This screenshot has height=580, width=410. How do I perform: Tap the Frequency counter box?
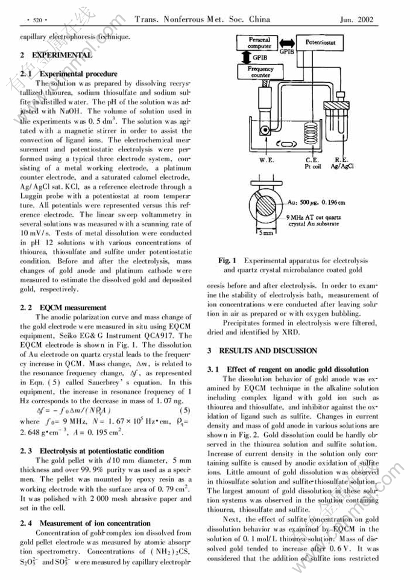(260, 72)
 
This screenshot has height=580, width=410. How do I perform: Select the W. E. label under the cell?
(267, 161)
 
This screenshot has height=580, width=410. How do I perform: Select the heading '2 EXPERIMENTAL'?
(55, 55)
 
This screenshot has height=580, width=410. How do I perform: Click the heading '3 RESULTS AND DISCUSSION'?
(262, 350)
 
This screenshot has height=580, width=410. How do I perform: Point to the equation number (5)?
(184, 411)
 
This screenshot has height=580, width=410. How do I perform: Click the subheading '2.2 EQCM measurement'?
(63, 308)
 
